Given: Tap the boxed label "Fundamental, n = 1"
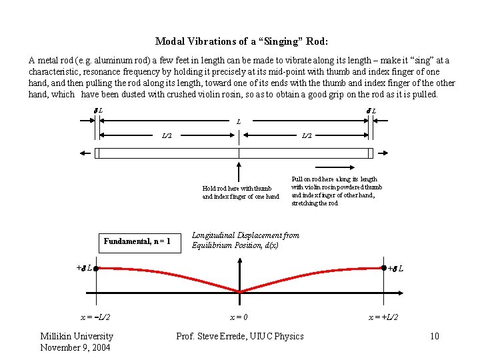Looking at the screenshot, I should click(x=137, y=241).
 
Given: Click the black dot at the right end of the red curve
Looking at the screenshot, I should click(x=384, y=269).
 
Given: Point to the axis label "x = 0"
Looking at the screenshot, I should click(x=240, y=317).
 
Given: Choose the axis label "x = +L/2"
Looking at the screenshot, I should click(x=384, y=317).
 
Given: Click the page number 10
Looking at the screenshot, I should click(x=435, y=336).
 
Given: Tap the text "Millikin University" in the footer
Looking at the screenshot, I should click(x=77, y=336).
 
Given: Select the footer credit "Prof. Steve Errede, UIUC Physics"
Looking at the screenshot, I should click(x=240, y=336).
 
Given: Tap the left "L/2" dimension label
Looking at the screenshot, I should click(x=167, y=135).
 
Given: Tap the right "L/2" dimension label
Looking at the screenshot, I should click(x=307, y=135).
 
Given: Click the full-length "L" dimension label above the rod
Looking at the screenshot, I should click(x=239, y=122).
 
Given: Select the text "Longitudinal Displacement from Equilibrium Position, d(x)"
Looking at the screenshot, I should click(x=245, y=240).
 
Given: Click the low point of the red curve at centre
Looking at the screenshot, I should click(x=239, y=292).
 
